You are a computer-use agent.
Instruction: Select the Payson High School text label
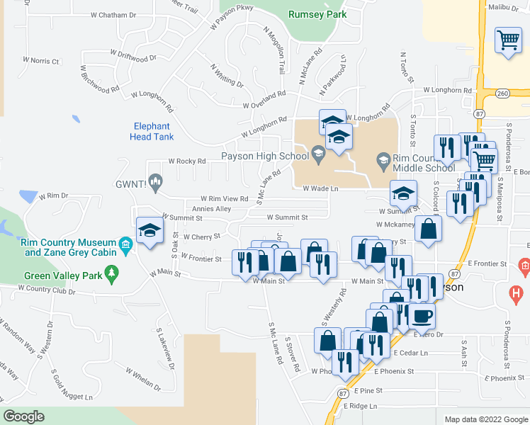point(261,156)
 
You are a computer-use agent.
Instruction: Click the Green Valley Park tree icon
point(111,273)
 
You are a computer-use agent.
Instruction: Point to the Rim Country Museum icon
point(125,245)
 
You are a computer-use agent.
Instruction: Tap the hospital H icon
point(517,291)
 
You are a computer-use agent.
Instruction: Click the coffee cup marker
point(423,315)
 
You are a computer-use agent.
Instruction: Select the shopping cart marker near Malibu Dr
point(508,40)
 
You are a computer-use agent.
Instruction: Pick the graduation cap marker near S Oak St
point(150,230)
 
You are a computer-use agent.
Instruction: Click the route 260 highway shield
point(501,93)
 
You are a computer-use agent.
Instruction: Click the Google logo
point(24,416)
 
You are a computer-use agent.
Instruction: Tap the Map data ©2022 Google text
point(485,419)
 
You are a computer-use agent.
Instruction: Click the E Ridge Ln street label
point(361,406)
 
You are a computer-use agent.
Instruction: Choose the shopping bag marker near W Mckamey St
point(429,228)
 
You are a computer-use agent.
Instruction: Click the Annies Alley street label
point(211,209)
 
